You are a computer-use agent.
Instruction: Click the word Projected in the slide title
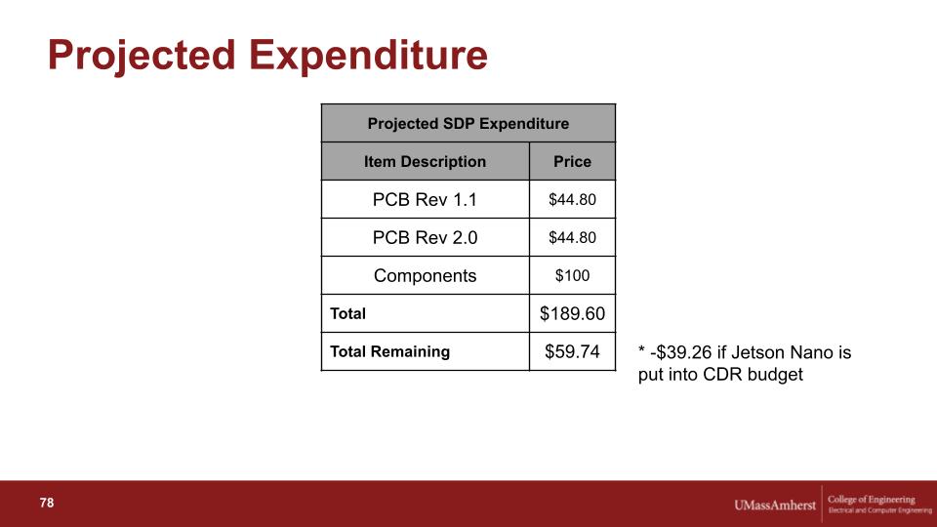tap(142, 57)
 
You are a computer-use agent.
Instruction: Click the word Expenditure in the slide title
tap(368, 55)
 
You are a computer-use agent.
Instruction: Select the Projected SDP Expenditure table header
tap(468, 124)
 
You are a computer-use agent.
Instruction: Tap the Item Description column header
tap(425, 161)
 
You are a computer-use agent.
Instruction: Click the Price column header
tap(572, 161)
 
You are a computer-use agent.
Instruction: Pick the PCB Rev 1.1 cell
tap(425, 199)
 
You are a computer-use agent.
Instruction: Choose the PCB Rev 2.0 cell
tap(425, 238)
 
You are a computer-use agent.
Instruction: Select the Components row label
tap(425, 276)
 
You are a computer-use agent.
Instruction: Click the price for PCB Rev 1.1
tap(572, 199)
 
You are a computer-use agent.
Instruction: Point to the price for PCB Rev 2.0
tap(572, 238)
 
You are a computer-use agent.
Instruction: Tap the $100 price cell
tap(572, 275)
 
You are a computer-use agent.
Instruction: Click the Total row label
tap(347, 313)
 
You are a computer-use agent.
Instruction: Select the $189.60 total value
tap(572, 313)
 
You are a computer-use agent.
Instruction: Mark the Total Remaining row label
tap(389, 351)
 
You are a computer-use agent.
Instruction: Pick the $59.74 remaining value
tap(572, 352)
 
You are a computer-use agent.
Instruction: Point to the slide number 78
tap(47, 504)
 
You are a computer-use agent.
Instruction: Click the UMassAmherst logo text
tap(774, 506)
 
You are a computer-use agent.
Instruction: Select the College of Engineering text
tap(872, 500)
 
